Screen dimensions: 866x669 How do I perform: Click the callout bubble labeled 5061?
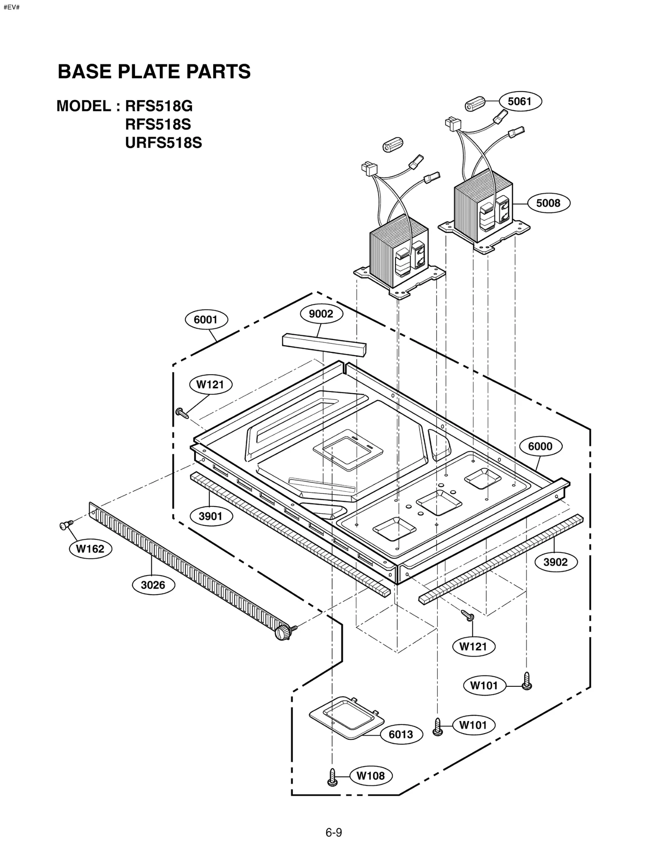pyautogui.click(x=519, y=102)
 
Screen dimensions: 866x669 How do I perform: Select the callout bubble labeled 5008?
pyautogui.click(x=548, y=203)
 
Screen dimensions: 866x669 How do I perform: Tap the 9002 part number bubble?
pyautogui.click(x=321, y=314)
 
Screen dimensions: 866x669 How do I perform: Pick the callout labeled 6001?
pyautogui.click(x=206, y=320)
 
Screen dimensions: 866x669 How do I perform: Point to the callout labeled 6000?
pyautogui.click(x=540, y=447)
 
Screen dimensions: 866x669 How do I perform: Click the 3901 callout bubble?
pyautogui.click(x=211, y=516)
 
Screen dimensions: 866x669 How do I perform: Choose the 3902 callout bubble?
pyautogui.click(x=556, y=562)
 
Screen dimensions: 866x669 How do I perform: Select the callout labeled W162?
pyautogui.click(x=90, y=549)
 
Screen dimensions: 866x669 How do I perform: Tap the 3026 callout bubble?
pyautogui.click(x=153, y=585)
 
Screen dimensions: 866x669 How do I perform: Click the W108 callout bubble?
pyautogui.click(x=370, y=776)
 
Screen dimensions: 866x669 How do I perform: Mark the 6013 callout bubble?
pyautogui.click(x=401, y=735)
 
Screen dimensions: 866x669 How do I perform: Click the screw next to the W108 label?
pyautogui.click(x=332, y=777)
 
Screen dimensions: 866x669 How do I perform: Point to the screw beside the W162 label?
pyautogui.click(x=66, y=525)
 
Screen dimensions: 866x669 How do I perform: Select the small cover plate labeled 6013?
pyautogui.click(x=346, y=717)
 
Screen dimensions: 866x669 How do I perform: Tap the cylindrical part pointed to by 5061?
pyautogui.click(x=476, y=103)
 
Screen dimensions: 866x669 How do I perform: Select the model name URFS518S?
pyautogui.click(x=163, y=143)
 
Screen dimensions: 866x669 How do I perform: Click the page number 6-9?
pyautogui.click(x=334, y=833)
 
